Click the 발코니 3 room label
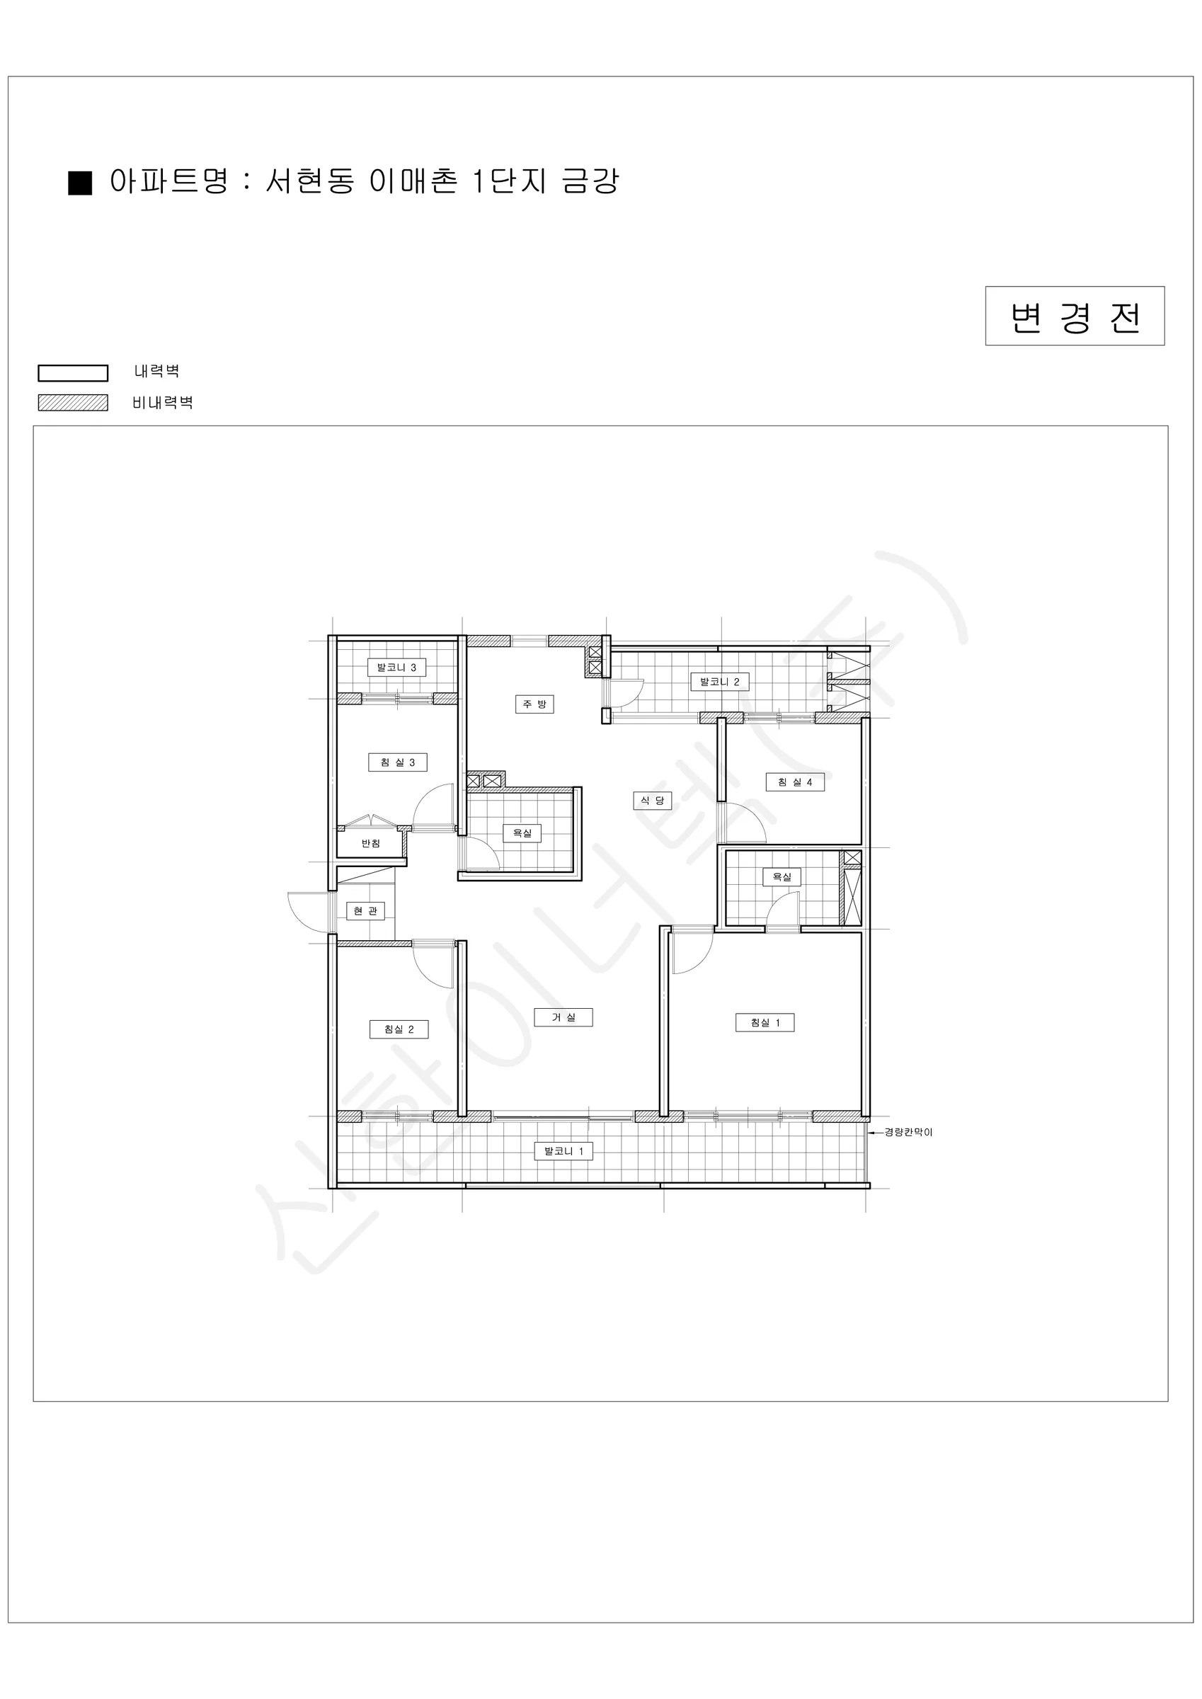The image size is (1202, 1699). coord(396,668)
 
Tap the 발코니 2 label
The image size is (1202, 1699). coord(719,682)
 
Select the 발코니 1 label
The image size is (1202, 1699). coord(564,1150)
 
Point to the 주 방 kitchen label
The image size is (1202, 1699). coord(534,704)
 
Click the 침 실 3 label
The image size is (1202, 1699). coord(397,762)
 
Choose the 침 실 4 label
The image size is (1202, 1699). coord(795,782)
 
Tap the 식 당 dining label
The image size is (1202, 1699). coord(653,801)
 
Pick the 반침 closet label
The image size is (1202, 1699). coord(371,844)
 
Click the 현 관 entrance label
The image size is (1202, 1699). coord(366,911)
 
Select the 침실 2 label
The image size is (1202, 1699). coord(399,1029)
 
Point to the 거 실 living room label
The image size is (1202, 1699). coord(563,1017)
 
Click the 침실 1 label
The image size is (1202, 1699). coord(765,1023)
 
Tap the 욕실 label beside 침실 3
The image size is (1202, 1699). coord(522,833)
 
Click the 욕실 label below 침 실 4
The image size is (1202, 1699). coord(782,877)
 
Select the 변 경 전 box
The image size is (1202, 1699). coord(1075,316)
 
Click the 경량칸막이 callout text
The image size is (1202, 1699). coord(908,1132)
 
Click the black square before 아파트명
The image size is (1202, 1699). coord(80,183)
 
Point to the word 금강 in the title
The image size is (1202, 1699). coord(590,181)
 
